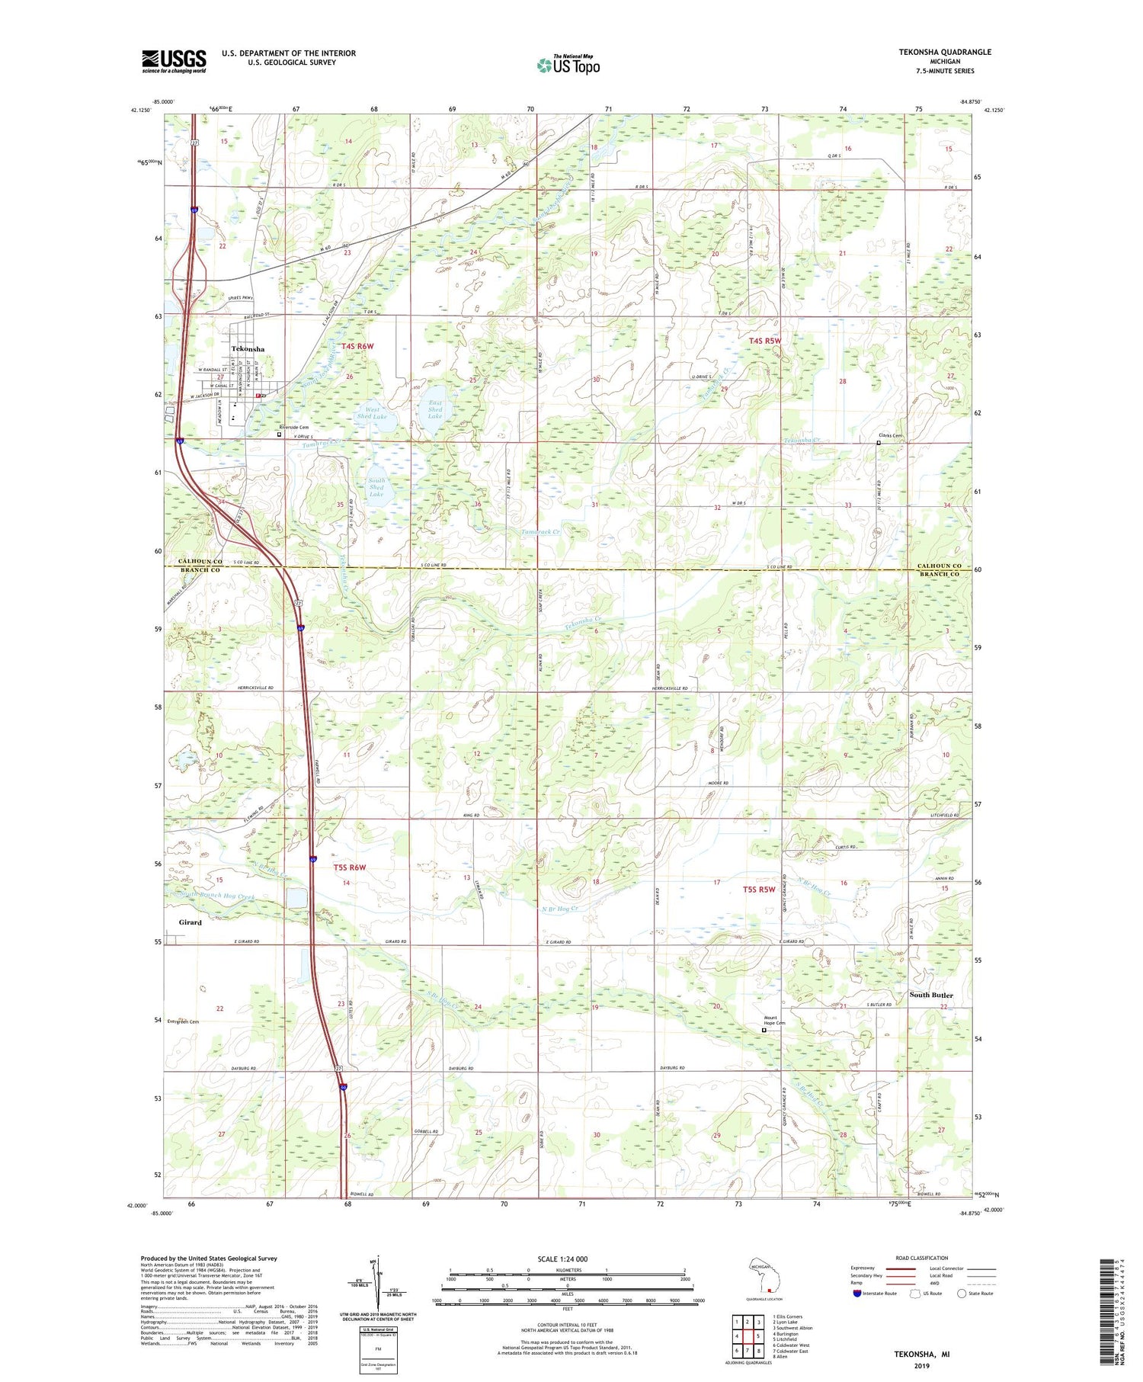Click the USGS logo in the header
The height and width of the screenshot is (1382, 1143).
point(174,61)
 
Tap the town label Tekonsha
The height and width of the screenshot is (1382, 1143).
point(248,349)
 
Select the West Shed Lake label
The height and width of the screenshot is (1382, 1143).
point(372,413)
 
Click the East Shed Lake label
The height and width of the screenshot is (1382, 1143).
point(435,409)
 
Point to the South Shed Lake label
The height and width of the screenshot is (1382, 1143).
point(376,488)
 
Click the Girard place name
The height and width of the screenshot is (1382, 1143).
point(190,922)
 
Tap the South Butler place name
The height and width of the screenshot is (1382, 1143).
point(931,996)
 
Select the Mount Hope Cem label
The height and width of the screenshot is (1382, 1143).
point(775,1020)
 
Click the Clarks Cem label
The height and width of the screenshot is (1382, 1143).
point(891,436)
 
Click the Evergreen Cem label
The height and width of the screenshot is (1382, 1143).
point(183,1022)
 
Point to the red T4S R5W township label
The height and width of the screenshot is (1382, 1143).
point(766,341)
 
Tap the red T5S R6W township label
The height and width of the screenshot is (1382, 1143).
point(350,867)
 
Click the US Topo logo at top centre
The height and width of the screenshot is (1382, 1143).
point(568,66)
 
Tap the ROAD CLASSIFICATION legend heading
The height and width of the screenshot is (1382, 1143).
point(922,1258)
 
